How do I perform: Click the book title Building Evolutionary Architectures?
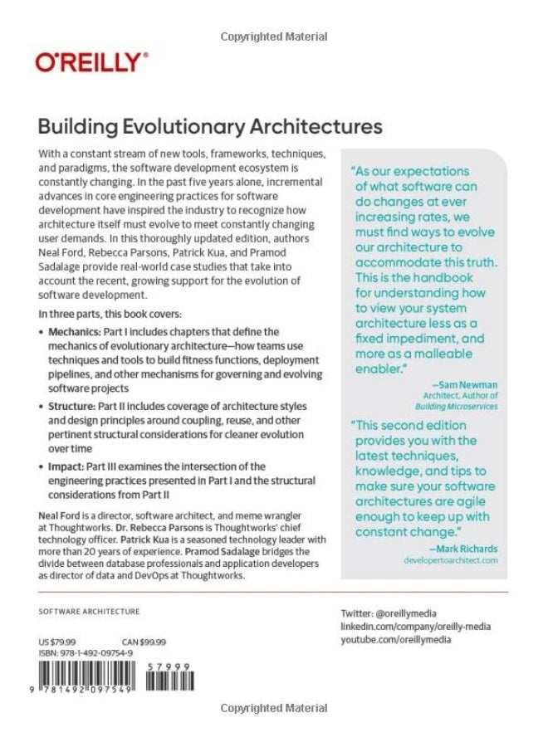[x=211, y=127]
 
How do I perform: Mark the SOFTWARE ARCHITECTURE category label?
[x=90, y=611]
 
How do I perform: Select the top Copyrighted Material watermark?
[x=274, y=37]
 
